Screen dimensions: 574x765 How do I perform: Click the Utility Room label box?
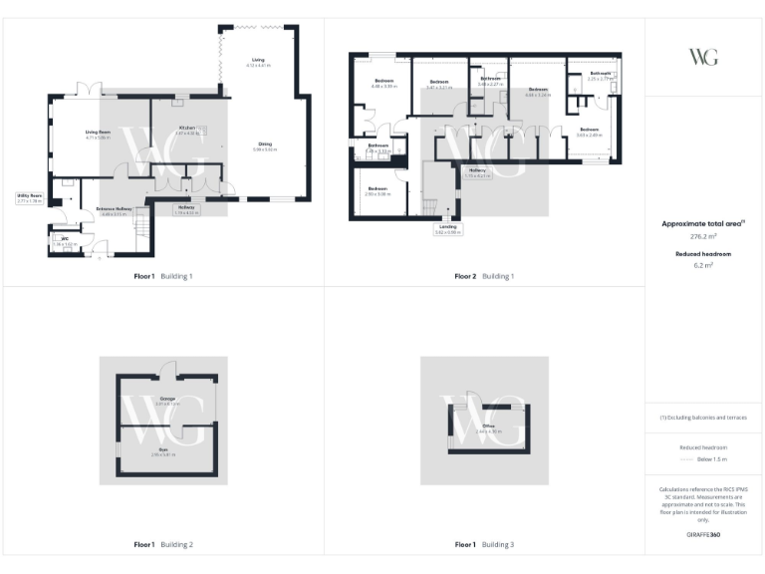(x=30, y=198)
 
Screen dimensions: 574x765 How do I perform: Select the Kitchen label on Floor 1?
(x=187, y=130)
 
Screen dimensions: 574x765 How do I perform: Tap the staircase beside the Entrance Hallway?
(x=142, y=227)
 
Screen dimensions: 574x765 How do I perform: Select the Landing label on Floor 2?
(x=447, y=228)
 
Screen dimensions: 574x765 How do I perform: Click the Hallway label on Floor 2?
(x=478, y=171)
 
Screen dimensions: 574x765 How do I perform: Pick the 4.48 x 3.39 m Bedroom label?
(x=384, y=83)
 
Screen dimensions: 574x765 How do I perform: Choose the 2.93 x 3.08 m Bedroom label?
(x=378, y=190)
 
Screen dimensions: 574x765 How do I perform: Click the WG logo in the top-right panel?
(x=703, y=57)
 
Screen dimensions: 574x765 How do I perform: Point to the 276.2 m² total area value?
(x=703, y=237)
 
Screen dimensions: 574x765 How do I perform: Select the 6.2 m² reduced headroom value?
(x=703, y=266)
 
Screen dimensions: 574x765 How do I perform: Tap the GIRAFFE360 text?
(x=703, y=535)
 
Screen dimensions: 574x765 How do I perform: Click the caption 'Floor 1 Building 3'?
(x=484, y=545)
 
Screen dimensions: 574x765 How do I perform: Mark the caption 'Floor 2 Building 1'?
(x=484, y=276)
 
